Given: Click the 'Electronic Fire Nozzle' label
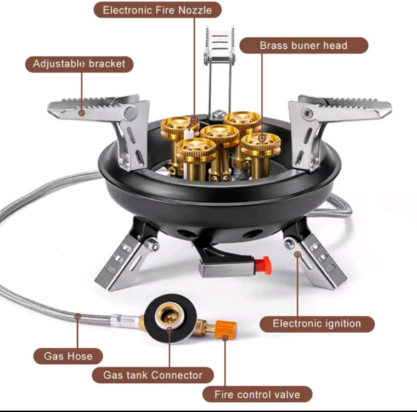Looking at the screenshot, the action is [x=157, y=10].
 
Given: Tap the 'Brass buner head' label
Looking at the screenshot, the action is [x=304, y=46].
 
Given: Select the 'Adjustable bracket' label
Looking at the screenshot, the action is [x=79, y=64].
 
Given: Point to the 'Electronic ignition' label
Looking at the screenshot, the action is [x=317, y=324].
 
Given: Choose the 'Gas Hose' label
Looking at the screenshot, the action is [x=68, y=356].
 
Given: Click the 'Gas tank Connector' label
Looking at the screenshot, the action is [x=153, y=375].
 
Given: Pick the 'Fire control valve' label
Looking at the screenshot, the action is [x=257, y=394].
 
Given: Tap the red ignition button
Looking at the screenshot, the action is [x=263, y=265].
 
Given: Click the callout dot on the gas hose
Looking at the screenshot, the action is [x=78, y=316].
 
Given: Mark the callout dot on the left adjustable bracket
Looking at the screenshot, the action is [x=82, y=113].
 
